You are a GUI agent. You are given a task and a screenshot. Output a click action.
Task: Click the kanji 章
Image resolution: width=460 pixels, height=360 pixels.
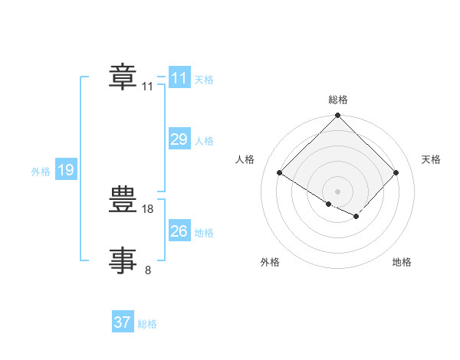coord(123,77)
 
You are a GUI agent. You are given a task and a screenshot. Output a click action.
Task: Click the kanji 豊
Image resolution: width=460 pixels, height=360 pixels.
coord(123,199)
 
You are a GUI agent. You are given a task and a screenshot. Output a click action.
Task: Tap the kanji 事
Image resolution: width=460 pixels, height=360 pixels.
coord(123,260)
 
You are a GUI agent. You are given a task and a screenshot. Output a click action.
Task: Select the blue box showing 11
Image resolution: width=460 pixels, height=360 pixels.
coord(179,77)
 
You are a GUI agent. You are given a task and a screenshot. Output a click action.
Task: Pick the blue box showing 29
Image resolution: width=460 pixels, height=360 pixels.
coord(179,139)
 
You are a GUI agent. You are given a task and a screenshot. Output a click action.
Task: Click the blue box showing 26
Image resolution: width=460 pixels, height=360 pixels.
coord(179,230)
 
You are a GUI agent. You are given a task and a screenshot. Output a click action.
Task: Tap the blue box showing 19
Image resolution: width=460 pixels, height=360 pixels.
coord(66,169)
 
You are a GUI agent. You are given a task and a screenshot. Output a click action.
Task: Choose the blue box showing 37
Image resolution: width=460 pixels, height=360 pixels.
coord(123,321)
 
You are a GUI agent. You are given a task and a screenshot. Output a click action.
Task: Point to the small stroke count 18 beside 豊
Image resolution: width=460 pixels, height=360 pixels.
coord(147,209)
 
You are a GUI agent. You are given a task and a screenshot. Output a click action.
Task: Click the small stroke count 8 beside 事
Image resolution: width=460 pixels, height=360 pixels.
coord(148,270)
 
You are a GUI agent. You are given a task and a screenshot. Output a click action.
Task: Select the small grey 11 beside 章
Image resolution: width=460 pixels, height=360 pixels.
coord(147,87)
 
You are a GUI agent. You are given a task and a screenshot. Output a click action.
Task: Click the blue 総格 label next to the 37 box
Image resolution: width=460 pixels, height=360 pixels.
coord(147,324)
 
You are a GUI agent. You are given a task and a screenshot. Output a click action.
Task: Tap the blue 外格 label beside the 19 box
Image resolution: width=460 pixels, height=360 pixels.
coord(41,172)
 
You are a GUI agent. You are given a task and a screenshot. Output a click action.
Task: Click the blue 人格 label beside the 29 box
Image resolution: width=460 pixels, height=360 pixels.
coord(204,141)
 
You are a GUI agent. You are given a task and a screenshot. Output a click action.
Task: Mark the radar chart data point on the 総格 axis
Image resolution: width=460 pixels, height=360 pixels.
coord(337,115)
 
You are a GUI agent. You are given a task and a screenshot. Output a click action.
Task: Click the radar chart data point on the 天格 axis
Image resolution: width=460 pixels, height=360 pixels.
coord(396,172)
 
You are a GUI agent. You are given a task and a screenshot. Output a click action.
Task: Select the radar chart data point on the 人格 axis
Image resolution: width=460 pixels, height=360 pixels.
coord(280,172)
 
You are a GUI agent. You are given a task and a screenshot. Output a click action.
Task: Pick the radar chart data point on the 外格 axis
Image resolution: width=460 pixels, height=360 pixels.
coord(329,204)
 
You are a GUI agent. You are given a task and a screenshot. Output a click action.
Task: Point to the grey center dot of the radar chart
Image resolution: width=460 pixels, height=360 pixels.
coord(337,191)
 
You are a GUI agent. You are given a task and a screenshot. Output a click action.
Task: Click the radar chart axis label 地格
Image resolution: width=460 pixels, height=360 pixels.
coord(402,262)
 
